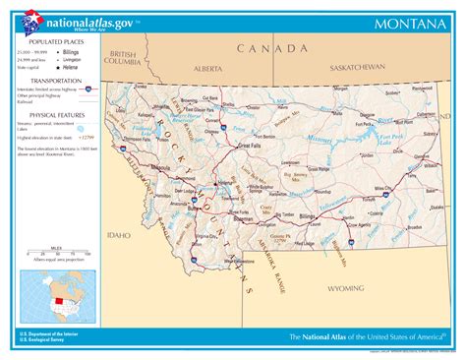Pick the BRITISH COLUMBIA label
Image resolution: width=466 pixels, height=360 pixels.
[x=126, y=57]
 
